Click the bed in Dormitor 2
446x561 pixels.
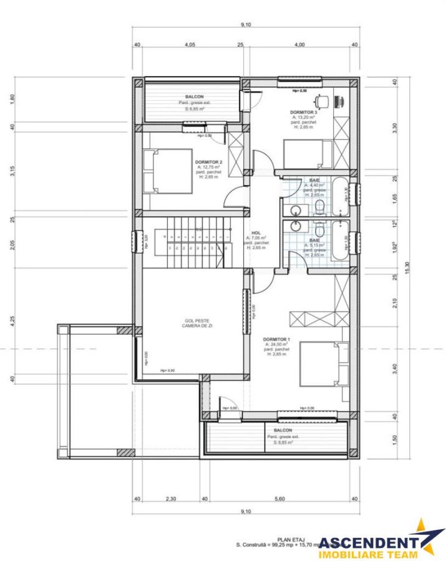167,171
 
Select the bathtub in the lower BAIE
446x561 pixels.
340,241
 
